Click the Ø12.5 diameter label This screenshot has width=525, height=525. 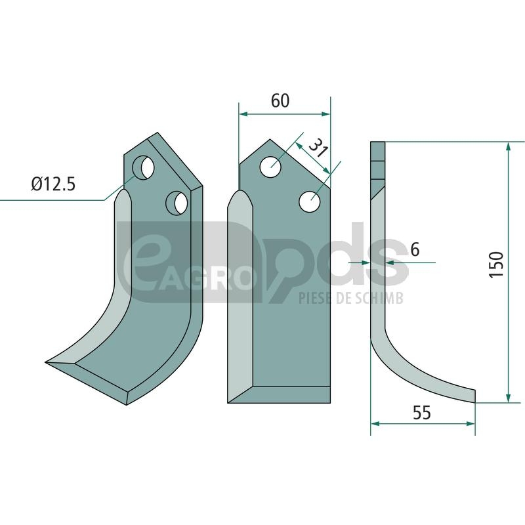pyautogui.click(x=54, y=184)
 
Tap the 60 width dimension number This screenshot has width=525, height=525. pyautogui.click(x=280, y=100)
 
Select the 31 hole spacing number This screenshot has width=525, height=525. pyautogui.click(x=318, y=148)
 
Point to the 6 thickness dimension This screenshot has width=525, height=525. pyautogui.click(x=415, y=250)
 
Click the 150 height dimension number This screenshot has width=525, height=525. pyautogui.click(x=496, y=264)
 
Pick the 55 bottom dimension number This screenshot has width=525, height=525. pyautogui.click(x=421, y=413)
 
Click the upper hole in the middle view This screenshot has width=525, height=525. pyautogui.click(x=270, y=167)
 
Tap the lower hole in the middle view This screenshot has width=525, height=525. pyautogui.click(x=309, y=201)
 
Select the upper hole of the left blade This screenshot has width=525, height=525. pyautogui.click(x=143, y=167)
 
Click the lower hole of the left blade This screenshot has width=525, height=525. pyautogui.click(x=177, y=203)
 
